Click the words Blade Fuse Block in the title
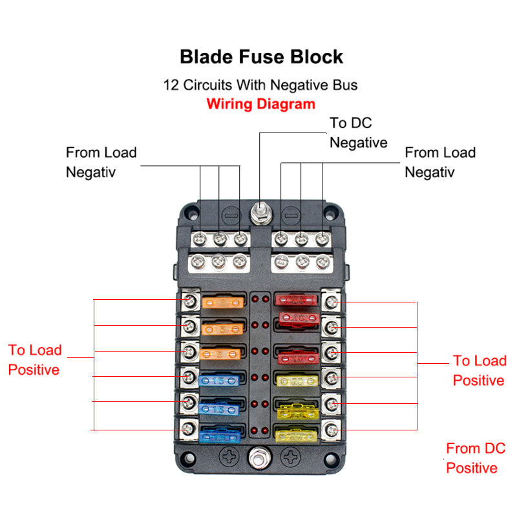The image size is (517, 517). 261,57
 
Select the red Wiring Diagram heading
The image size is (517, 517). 261,103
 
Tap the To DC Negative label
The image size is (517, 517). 358,132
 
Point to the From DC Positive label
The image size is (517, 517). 476,458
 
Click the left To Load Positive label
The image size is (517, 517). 35,360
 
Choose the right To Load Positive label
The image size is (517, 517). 479,370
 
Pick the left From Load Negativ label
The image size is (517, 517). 101,162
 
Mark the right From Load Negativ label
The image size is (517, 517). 439,162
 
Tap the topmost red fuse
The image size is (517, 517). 297,299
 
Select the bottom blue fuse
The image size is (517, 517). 222,435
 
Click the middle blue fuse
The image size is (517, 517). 222,409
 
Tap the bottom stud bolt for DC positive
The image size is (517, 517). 260,458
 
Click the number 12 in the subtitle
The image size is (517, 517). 171,85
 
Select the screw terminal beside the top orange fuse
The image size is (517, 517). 190,300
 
